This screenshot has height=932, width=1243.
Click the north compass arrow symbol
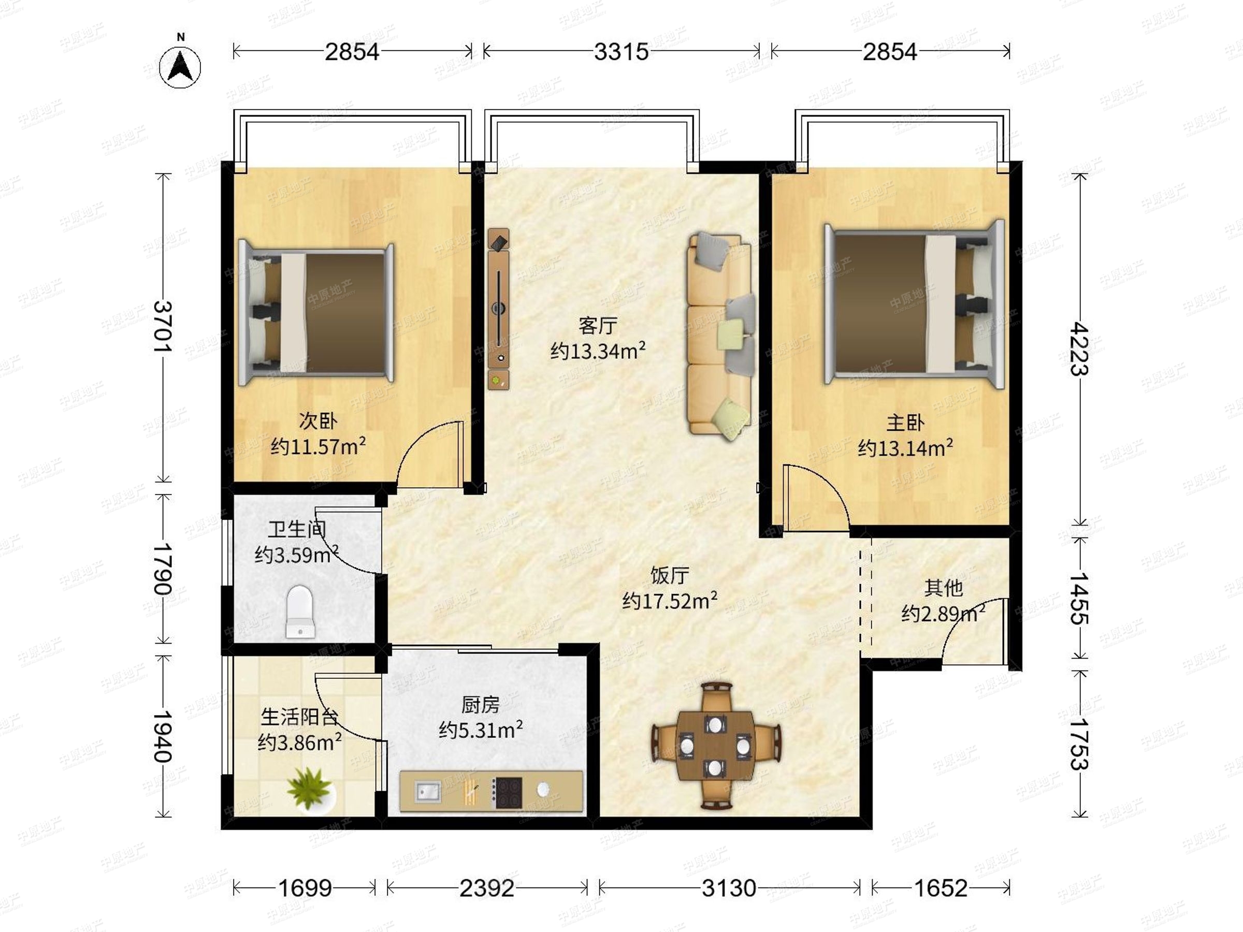coord(180,67)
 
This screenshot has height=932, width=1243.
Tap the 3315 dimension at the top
coord(621,52)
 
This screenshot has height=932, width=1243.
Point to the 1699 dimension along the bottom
coord(305,887)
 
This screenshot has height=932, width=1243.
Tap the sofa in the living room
coord(721,336)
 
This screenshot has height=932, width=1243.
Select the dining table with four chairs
coord(715,746)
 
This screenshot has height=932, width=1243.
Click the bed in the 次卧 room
coord(316,313)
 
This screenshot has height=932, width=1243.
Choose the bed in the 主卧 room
coord(914,303)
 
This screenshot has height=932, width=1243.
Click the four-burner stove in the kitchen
coord(508,792)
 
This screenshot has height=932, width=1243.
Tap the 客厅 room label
coord(598,325)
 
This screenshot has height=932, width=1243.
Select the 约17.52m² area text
coord(670,601)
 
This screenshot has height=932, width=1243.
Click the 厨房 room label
coord(481,704)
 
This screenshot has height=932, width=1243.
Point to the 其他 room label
coord(944,588)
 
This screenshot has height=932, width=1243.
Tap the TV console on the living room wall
coord(498,309)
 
